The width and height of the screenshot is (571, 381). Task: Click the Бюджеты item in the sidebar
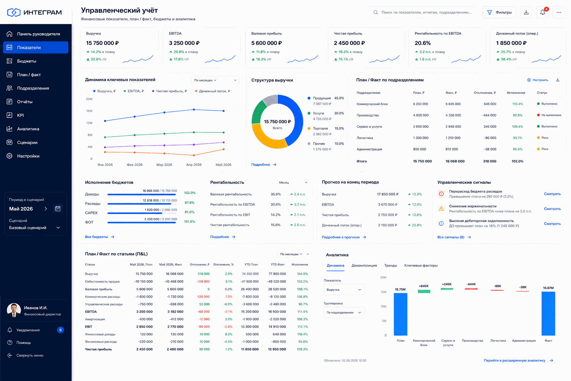(x=26, y=61)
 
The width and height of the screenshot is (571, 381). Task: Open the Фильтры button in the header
(x=499, y=12)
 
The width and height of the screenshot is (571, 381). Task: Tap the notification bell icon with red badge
(x=542, y=12)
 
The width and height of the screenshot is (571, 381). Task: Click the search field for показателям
(x=423, y=12)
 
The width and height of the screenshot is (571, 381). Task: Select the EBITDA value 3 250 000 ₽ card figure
(x=184, y=43)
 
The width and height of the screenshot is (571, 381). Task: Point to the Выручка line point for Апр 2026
(x=194, y=109)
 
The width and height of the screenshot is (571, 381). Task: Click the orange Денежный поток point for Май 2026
(x=223, y=149)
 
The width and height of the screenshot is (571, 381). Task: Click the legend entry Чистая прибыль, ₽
(x=169, y=91)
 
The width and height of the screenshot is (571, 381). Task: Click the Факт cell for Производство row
(x=453, y=115)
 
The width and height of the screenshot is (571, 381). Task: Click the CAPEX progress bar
(x=142, y=213)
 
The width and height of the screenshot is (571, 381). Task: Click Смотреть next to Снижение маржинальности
(x=552, y=209)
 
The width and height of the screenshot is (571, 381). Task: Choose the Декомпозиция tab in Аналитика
(x=364, y=265)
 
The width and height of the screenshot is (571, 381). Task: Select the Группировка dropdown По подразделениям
(x=344, y=313)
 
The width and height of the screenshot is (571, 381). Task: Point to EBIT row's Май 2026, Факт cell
(x=175, y=327)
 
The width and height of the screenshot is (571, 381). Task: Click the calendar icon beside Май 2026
(x=58, y=208)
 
